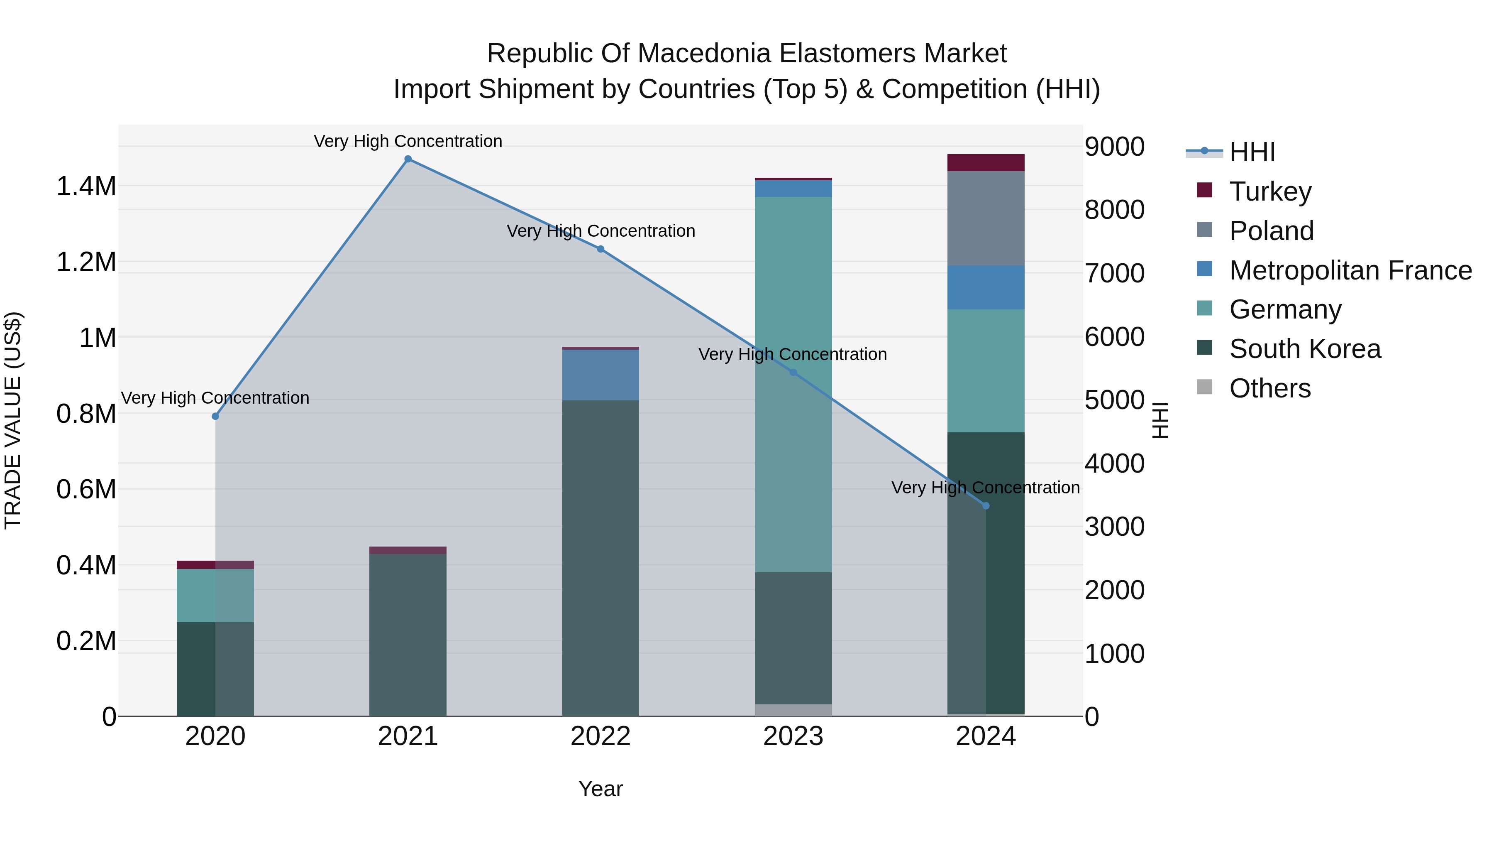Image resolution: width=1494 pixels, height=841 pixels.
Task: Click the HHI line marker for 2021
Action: tap(408, 159)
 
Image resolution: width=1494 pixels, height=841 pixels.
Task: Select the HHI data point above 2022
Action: tap(600, 249)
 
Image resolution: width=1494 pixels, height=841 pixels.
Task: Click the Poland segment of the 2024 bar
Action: tap(985, 218)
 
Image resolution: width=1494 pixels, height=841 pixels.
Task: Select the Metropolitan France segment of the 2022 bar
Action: tap(600, 375)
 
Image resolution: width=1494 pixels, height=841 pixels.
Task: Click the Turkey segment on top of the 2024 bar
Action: tap(985, 162)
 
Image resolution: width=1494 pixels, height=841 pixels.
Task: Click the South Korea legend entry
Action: tap(1304, 349)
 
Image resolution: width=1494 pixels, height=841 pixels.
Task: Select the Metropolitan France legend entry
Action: tap(1350, 270)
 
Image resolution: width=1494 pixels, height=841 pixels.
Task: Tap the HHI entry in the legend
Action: tap(1252, 152)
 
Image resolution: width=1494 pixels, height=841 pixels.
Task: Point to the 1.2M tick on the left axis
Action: tap(86, 262)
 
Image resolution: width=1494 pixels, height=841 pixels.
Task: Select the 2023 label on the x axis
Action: tap(793, 736)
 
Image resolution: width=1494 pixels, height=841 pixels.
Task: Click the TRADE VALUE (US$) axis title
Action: tap(13, 420)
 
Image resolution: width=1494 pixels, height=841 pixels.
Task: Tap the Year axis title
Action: tap(600, 789)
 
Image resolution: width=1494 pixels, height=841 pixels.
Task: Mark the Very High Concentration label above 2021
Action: tap(408, 141)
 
